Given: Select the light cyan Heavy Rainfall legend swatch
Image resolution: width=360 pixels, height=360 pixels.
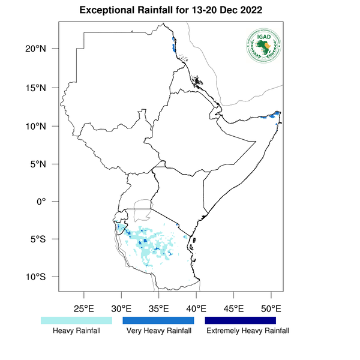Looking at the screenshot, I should click(x=76, y=321).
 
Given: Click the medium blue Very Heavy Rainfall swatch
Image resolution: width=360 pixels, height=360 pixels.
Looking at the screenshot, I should click(x=158, y=321).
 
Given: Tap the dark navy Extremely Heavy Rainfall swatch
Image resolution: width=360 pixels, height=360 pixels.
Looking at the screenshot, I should click(x=241, y=321).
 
